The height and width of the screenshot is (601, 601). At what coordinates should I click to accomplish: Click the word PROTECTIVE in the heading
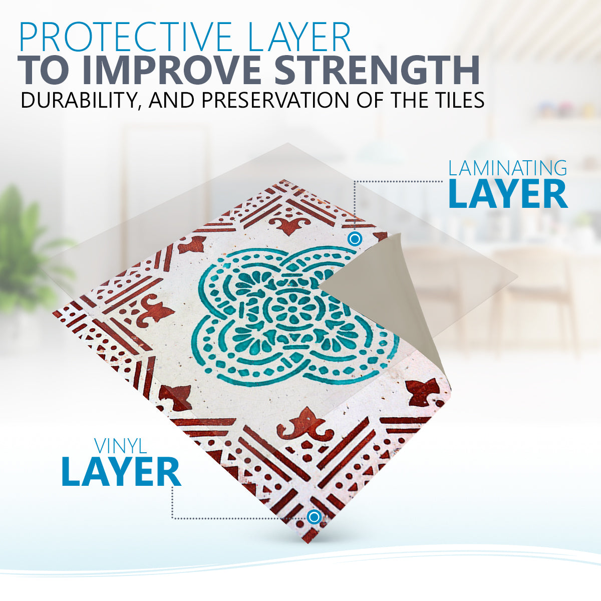(x=125, y=36)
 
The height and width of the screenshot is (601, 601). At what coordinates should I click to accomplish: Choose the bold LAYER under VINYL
(x=121, y=472)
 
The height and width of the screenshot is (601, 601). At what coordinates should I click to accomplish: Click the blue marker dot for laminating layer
(x=355, y=239)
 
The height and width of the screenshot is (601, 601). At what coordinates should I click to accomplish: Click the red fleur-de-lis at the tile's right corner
(x=424, y=395)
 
